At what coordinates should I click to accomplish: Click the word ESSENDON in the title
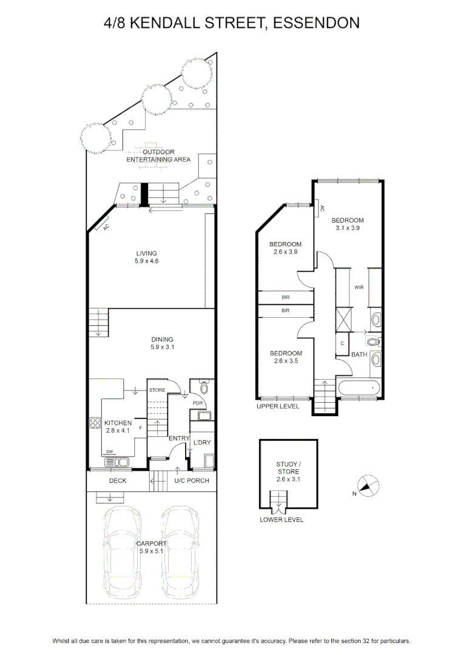click(316, 22)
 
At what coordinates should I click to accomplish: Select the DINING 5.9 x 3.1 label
click(162, 343)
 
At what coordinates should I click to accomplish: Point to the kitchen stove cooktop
click(95, 423)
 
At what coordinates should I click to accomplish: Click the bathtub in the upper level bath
click(359, 389)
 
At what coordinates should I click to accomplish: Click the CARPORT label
click(151, 543)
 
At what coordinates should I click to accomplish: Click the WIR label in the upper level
click(359, 287)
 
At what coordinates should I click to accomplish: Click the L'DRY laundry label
click(202, 442)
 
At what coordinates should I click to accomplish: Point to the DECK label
click(118, 480)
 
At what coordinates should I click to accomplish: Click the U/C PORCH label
click(191, 480)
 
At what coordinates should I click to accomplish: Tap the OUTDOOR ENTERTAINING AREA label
click(158, 155)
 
